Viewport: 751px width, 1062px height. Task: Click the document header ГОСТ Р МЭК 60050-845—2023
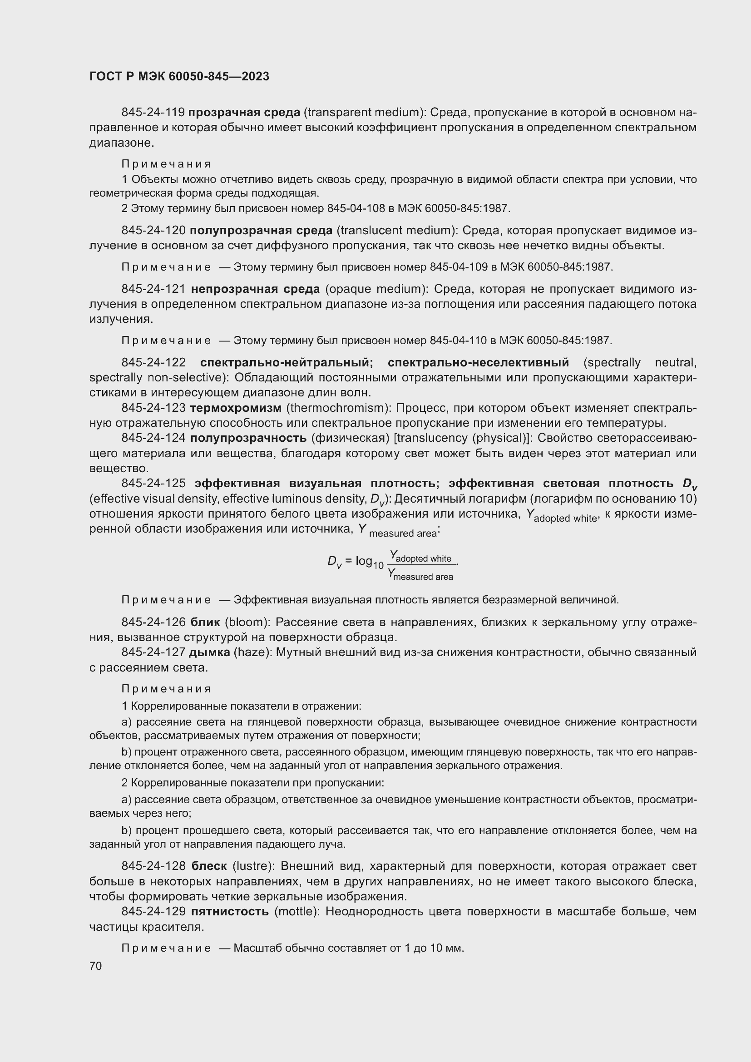[179, 77]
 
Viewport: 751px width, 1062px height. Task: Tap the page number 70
[96, 966]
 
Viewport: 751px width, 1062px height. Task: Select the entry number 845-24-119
[153, 113]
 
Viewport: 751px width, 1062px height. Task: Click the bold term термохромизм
[235, 408]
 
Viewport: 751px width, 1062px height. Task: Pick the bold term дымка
[209, 652]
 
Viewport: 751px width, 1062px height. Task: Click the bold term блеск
[209, 866]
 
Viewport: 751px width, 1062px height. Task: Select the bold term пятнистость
[230, 912]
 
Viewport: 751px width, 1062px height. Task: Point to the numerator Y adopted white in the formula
[420, 557]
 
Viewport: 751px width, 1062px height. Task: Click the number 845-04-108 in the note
[356, 208]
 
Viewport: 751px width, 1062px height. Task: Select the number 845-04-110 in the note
[458, 341]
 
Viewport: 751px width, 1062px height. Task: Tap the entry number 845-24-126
[153, 622]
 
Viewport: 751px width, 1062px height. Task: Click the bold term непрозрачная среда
[255, 289]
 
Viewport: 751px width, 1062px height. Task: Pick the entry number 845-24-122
[153, 363]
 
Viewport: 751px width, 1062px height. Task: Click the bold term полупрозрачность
[248, 438]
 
